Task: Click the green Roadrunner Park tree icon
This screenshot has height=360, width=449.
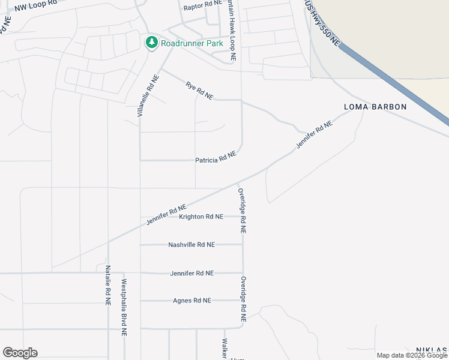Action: (x=152, y=43)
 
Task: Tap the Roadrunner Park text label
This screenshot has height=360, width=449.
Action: (x=191, y=43)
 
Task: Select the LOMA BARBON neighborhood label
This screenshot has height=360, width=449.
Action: (x=375, y=107)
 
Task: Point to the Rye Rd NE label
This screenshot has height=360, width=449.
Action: (x=199, y=91)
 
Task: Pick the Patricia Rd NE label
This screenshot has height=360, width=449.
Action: (x=215, y=157)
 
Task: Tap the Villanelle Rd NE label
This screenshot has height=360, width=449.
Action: (x=148, y=95)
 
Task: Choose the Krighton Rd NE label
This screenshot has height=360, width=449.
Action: (x=201, y=217)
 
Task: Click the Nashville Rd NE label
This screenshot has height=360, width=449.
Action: (x=191, y=245)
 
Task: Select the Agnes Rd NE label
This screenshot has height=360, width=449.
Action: (x=192, y=301)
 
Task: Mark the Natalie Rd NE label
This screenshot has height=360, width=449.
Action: (x=108, y=286)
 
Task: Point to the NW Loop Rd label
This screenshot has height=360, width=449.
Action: (x=36, y=6)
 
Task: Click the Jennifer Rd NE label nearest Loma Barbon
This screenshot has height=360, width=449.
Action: (x=314, y=136)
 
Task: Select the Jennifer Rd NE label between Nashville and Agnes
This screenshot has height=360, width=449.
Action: (x=192, y=273)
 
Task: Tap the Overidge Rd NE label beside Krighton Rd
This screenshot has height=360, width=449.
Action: (x=243, y=210)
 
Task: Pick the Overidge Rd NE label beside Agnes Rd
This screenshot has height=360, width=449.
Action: (x=243, y=300)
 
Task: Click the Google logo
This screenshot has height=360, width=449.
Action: (x=20, y=353)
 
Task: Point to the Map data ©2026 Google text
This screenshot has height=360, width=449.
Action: (x=412, y=355)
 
